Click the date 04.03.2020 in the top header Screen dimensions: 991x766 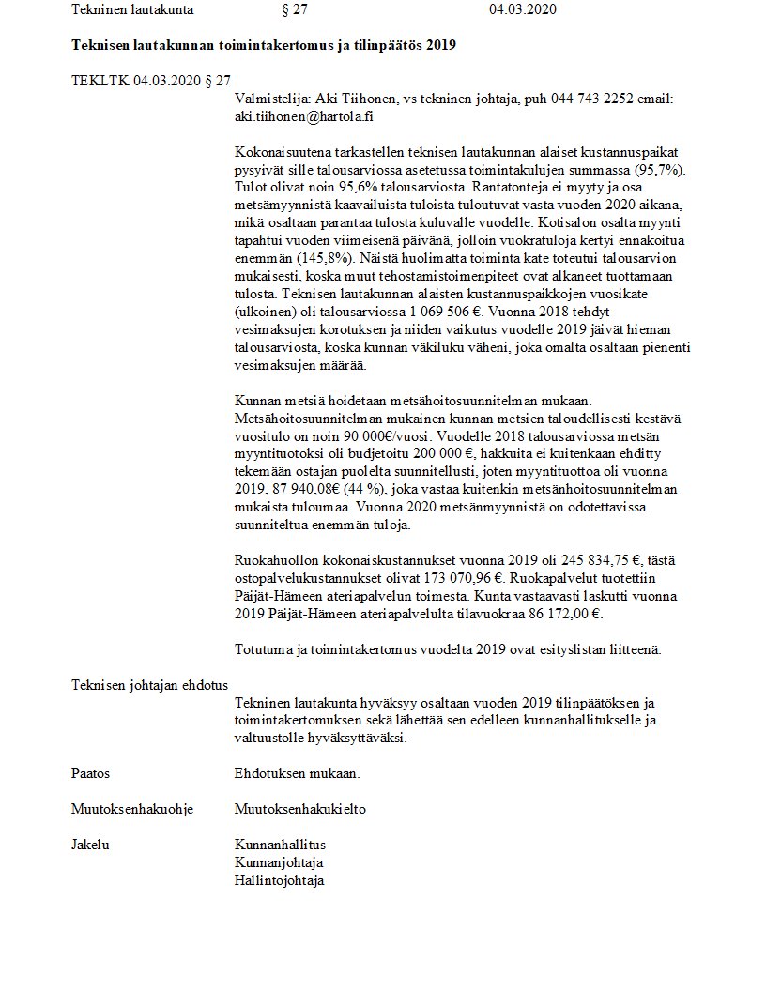tap(522, 9)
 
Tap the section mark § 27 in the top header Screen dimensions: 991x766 tap(294, 9)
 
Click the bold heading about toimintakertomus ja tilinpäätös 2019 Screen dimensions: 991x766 tap(264, 46)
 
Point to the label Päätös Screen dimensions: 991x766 tap(91, 774)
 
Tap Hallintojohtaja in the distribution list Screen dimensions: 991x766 tap(279, 881)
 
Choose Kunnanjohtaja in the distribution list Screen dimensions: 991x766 tap(278, 863)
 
